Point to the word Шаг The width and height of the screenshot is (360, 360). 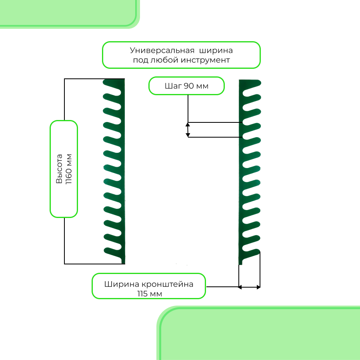coord(173,86)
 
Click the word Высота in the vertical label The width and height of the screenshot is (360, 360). coord(59,169)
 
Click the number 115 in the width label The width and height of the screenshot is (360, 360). coord(143,294)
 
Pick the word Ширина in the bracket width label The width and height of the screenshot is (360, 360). coord(121,284)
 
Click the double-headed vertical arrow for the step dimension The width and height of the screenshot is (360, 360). coord(188,130)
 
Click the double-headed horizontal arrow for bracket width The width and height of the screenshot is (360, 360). coord(249,287)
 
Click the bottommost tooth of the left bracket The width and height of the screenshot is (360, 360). coord(112,251)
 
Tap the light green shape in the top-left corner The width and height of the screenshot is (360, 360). coord(68,12)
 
